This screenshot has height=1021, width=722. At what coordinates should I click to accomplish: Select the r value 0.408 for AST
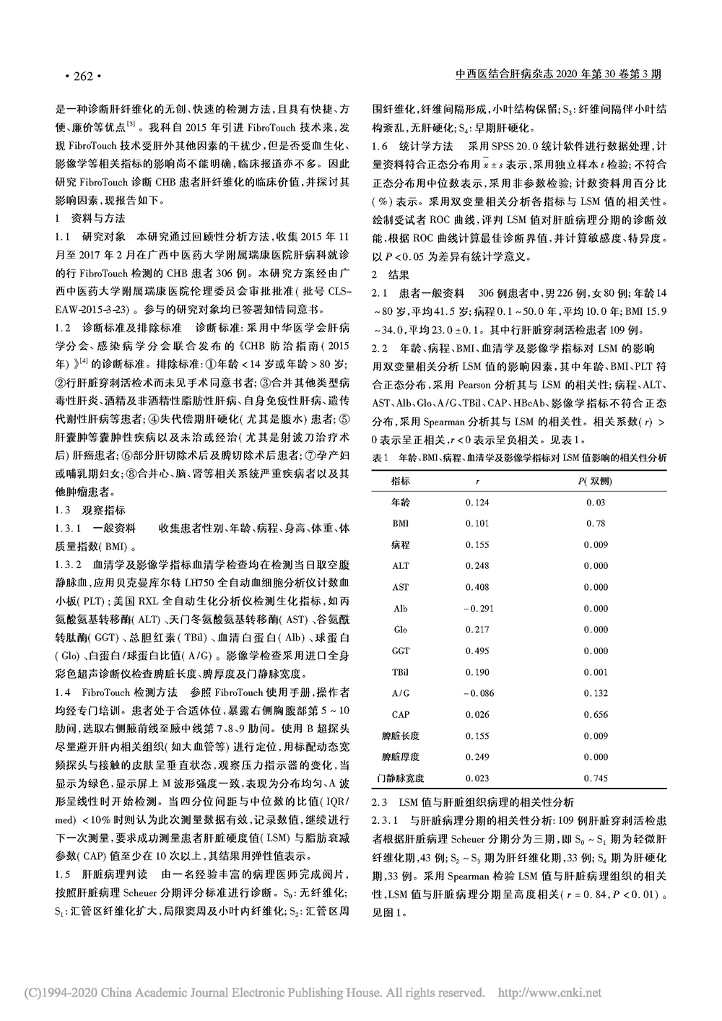tap(477, 587)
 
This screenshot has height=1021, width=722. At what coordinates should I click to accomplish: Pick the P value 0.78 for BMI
tap(596, 523)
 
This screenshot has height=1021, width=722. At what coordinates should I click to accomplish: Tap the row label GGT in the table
tap(401, 651)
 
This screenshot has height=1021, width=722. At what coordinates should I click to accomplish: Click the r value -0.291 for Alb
tap(476, 609)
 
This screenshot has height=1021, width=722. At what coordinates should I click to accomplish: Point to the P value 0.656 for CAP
tap(596, 715)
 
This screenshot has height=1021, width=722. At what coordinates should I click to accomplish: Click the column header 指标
tap(401, 480)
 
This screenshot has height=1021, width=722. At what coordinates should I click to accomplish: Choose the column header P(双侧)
tap(596, 480)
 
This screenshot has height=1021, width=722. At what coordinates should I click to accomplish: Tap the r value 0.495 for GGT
tap(477, 651)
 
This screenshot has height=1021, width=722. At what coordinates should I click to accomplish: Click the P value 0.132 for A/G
tap(596, 693)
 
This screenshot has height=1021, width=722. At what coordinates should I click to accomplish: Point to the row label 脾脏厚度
tap(401, 757)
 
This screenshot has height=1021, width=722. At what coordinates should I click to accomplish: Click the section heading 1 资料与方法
tap(90, 217)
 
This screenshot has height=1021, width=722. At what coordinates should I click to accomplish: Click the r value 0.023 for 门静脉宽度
tap(477, 778)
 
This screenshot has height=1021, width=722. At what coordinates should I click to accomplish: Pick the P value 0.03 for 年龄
tap(596, 503)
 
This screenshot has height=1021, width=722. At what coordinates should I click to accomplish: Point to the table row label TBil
tap(401, 672)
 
